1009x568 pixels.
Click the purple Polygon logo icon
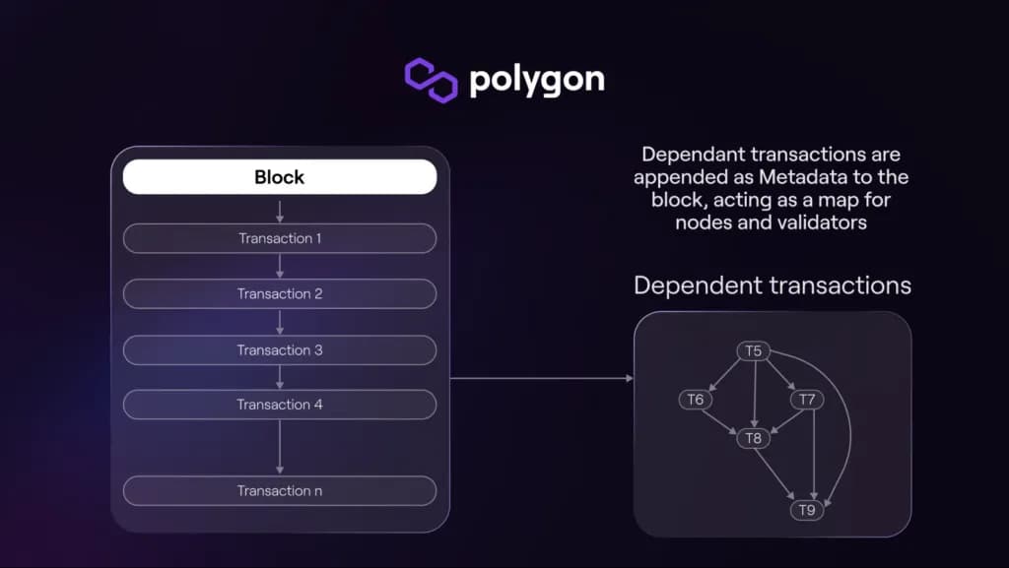point(432,80)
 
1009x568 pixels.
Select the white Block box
point(280,177)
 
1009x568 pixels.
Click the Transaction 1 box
point(280,238)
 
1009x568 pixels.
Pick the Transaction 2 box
point(280,293)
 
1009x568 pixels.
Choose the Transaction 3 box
point(280,349)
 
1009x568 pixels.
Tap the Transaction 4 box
point(280,405)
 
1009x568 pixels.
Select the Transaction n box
point(280,490)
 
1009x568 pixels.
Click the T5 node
point(753,351)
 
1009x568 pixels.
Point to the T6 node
point(695,400)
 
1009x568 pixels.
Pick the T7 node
point(807,400)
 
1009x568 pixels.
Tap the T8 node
point(753,438)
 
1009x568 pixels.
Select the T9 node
point(807,510)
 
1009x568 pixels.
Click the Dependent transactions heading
point(772,285)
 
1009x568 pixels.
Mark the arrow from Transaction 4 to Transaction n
point(280,447)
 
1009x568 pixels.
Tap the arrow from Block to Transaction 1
point(280,209)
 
